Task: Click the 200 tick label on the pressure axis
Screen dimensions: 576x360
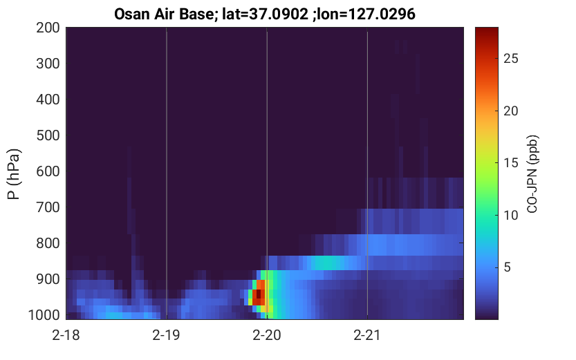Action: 48,28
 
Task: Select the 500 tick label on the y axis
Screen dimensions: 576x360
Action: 48,135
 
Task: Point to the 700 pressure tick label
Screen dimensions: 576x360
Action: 48,207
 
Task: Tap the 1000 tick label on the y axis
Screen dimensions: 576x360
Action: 44,315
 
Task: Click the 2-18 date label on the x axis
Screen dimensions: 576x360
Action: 66,335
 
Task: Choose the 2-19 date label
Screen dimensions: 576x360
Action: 167,335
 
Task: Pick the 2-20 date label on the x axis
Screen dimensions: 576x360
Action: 267,335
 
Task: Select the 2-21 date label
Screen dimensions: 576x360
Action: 367,335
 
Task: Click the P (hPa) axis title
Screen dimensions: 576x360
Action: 15,174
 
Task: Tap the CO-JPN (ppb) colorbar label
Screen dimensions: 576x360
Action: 532,174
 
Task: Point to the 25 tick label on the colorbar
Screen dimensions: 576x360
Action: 510,58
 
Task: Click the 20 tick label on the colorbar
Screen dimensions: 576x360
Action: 510,111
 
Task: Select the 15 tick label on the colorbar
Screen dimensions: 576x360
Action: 510,163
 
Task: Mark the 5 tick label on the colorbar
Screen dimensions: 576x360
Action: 507,267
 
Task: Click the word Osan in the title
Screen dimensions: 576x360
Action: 129,15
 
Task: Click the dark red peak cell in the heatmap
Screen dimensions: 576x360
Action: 259,294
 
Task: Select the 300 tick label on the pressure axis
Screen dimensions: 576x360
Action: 48,64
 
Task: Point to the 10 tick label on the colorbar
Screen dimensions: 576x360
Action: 510,216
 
